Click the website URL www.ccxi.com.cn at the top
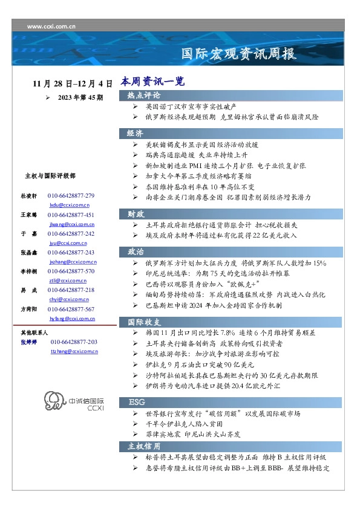coord(51,26)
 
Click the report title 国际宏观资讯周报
coord(240,54)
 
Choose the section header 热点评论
coord(144,96)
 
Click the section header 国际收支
coord(144,321)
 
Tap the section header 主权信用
coord(144,446)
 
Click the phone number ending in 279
coord(71,196)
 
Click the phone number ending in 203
coord(74,342)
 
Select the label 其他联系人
coord(34,332)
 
